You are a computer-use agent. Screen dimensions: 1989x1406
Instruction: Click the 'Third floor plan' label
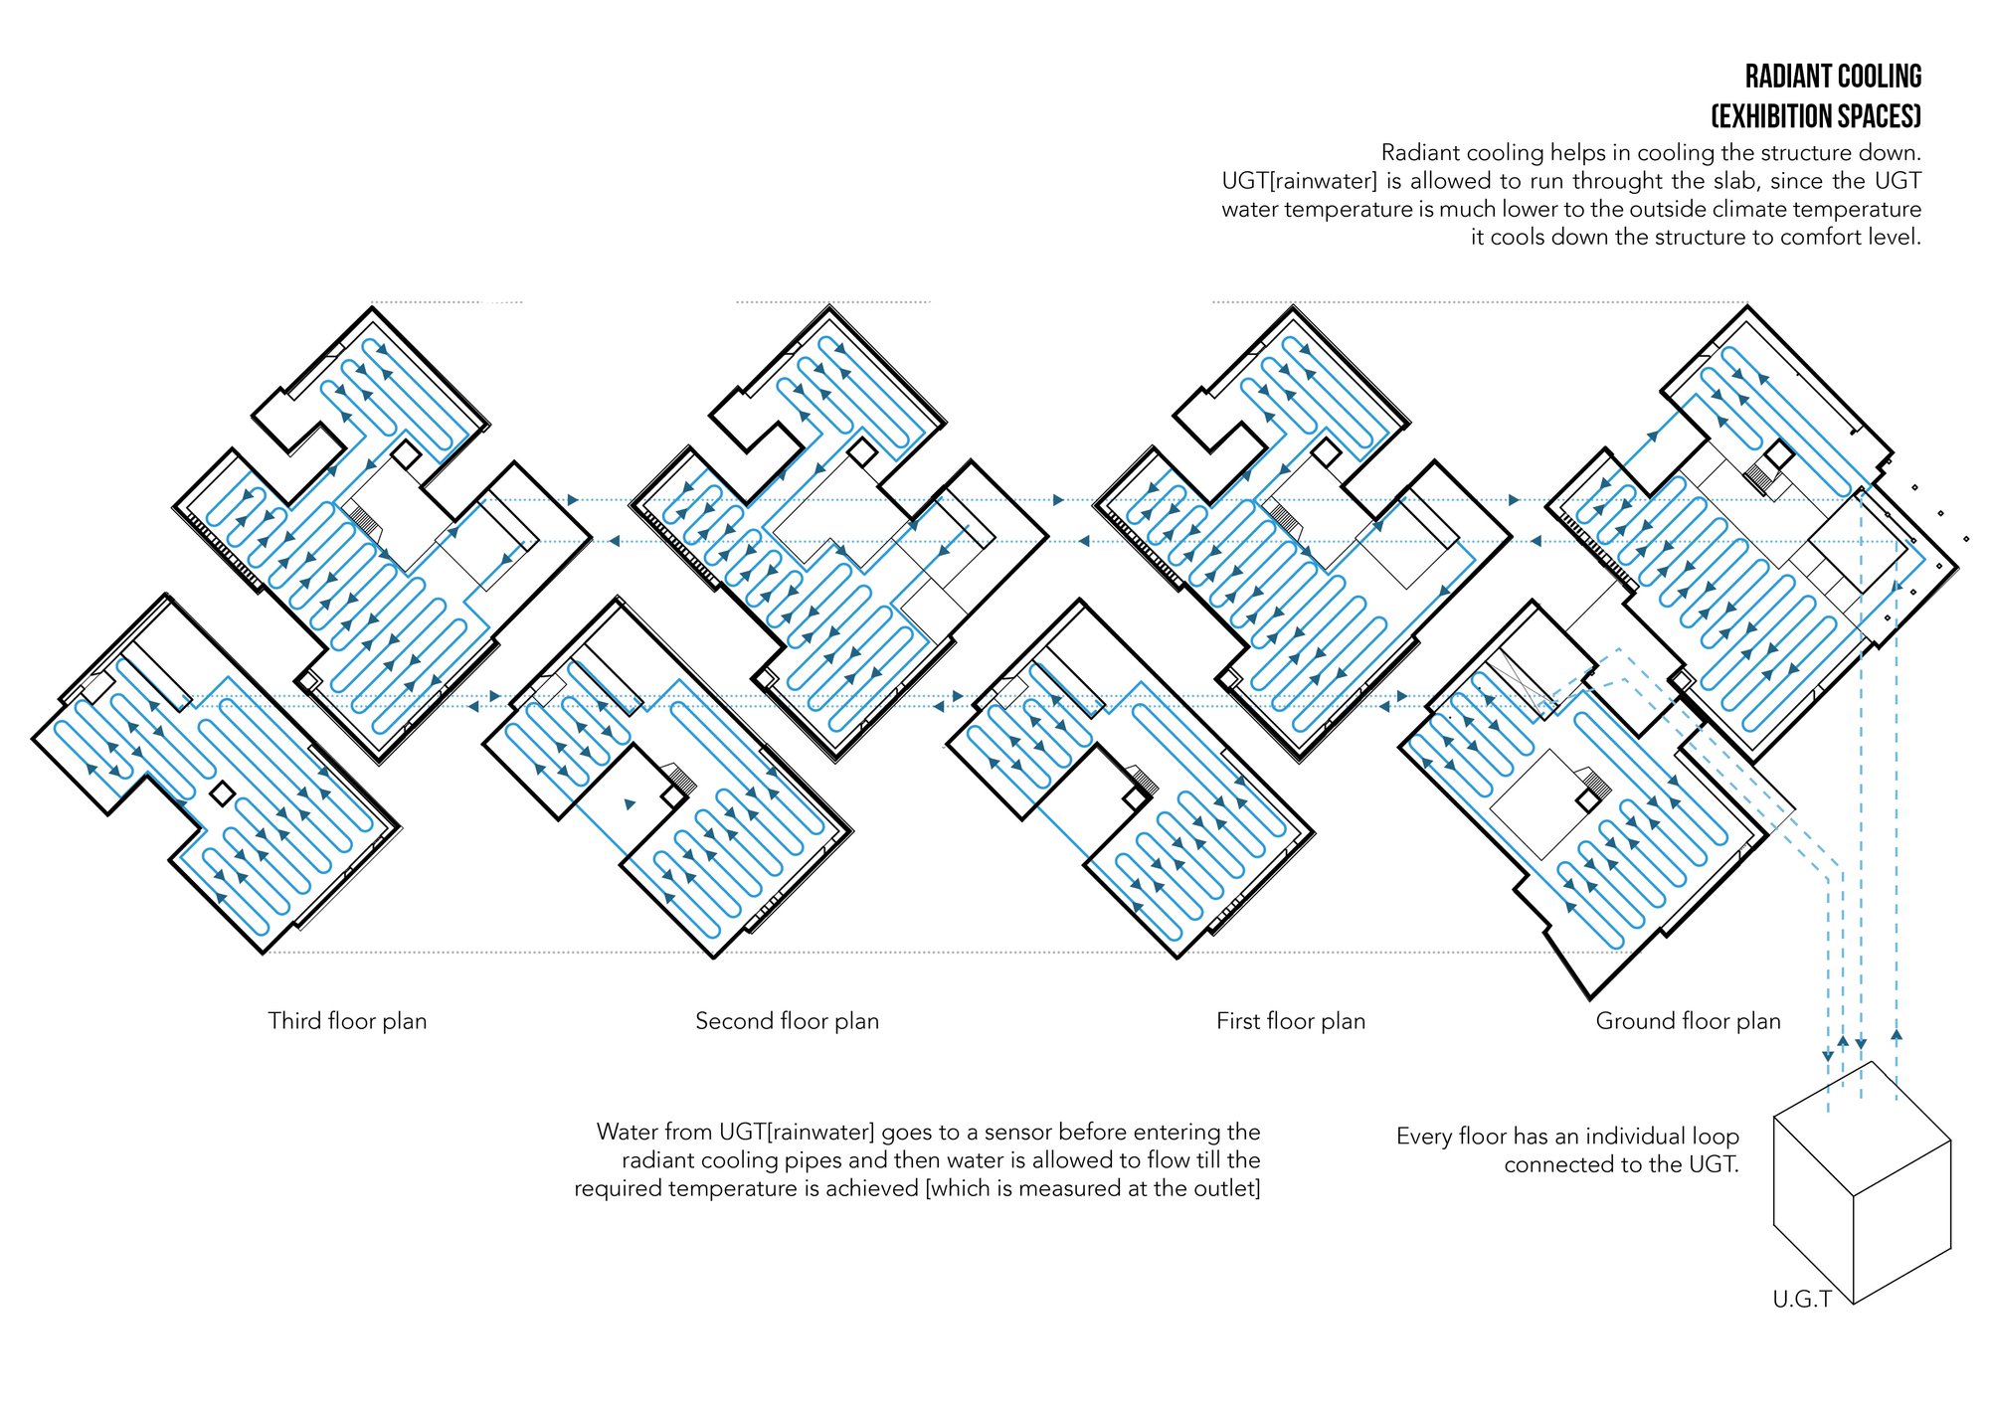click(x=347, y=1021)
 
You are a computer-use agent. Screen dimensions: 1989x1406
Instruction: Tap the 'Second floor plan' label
click(x=787, y=1021)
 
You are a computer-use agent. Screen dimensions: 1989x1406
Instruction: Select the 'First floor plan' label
click(x=1291, y=1021)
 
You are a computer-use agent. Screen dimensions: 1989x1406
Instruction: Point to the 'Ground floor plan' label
click(x=1688, y=1021)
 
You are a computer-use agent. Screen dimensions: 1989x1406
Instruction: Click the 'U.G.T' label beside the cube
click(x=1801, y=1300)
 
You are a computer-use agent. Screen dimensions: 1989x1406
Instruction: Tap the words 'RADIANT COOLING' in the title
click(x=1833, y=77)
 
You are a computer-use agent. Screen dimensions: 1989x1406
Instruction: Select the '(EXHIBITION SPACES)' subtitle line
click(x=1816, y=116)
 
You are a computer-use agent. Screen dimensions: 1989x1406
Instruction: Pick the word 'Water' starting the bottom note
click(x=625, y=1132)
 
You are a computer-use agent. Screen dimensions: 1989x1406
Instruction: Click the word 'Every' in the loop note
click(x=1424, y=1137)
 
